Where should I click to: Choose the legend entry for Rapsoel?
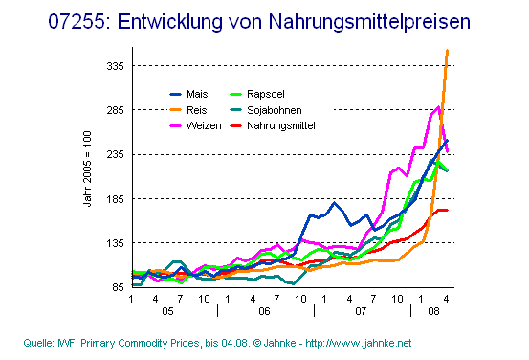click(x=263, y=95)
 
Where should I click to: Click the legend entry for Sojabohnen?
click(x=272, y=110)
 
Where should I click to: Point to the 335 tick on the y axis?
click(x=116, y=66)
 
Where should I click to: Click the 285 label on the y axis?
click(x=116, y=110)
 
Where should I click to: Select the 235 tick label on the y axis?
click(x=116, y=154)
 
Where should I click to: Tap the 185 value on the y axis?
click(x=116, y=198)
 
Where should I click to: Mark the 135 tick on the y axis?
click(x=116, y=242)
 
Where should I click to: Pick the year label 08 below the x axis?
click(x=433, y=312)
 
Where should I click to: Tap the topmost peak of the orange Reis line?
click(x=447, y=50)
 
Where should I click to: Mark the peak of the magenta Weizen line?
click(x=438, y=107)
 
